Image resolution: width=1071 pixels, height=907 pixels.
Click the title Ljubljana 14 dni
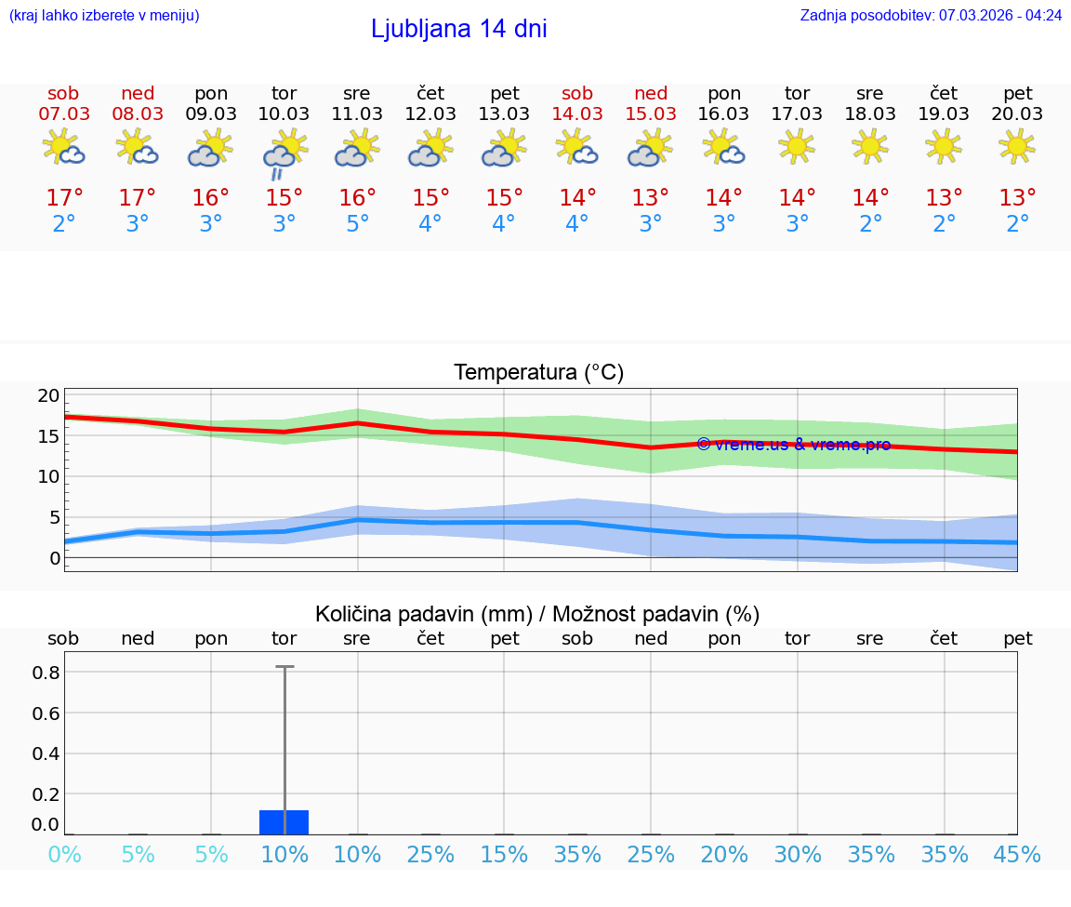pyautogui.click(x=458, y=29)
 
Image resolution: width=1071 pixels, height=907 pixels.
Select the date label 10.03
pyautogui.click(x=284, y=114)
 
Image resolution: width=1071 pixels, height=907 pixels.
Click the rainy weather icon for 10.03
pyautogui.click(x=284, y=153)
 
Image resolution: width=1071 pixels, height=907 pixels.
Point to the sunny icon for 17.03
pyautogui.click(x=797, y=146)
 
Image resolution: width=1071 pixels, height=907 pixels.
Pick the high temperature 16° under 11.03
pyautogui.click(x=357, y=198)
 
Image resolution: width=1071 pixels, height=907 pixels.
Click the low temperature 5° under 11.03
pyautogui.click(x=357, y=224)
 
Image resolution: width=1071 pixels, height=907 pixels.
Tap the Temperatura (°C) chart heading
pyautogui.click(x=538, y=373)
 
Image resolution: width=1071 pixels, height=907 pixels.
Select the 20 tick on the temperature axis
pyautogui.click(x=48, y=395)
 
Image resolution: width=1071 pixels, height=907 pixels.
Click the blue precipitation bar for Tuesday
pyautogui.click(x=284, y=822)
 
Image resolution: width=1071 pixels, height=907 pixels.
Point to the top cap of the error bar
pyautogui.click(x=284, y=667)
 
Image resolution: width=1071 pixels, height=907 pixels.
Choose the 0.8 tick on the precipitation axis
pyautogui.click(x=46, y=673)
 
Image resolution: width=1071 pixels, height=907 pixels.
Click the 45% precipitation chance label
pyautogui.click(x=1017, y=854)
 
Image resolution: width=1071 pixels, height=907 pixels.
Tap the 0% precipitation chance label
pyautogui.click(x=64, y=854)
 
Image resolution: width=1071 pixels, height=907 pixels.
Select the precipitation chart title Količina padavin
pyautogui.click(x=537, y=614)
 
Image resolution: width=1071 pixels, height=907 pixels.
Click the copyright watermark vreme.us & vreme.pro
pyautogui.click(x=793, y=445)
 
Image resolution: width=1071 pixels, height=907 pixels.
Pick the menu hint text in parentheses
pyautogui.click(x=104, y=15)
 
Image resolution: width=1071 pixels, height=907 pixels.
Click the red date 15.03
pyautogui.click(x=651, y=114)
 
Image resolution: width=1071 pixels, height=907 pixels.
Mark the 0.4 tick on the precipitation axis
pyautogui.click(x=46, y=754)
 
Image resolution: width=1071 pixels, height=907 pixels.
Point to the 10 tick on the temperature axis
pyautogui.click(x=48, y=476)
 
